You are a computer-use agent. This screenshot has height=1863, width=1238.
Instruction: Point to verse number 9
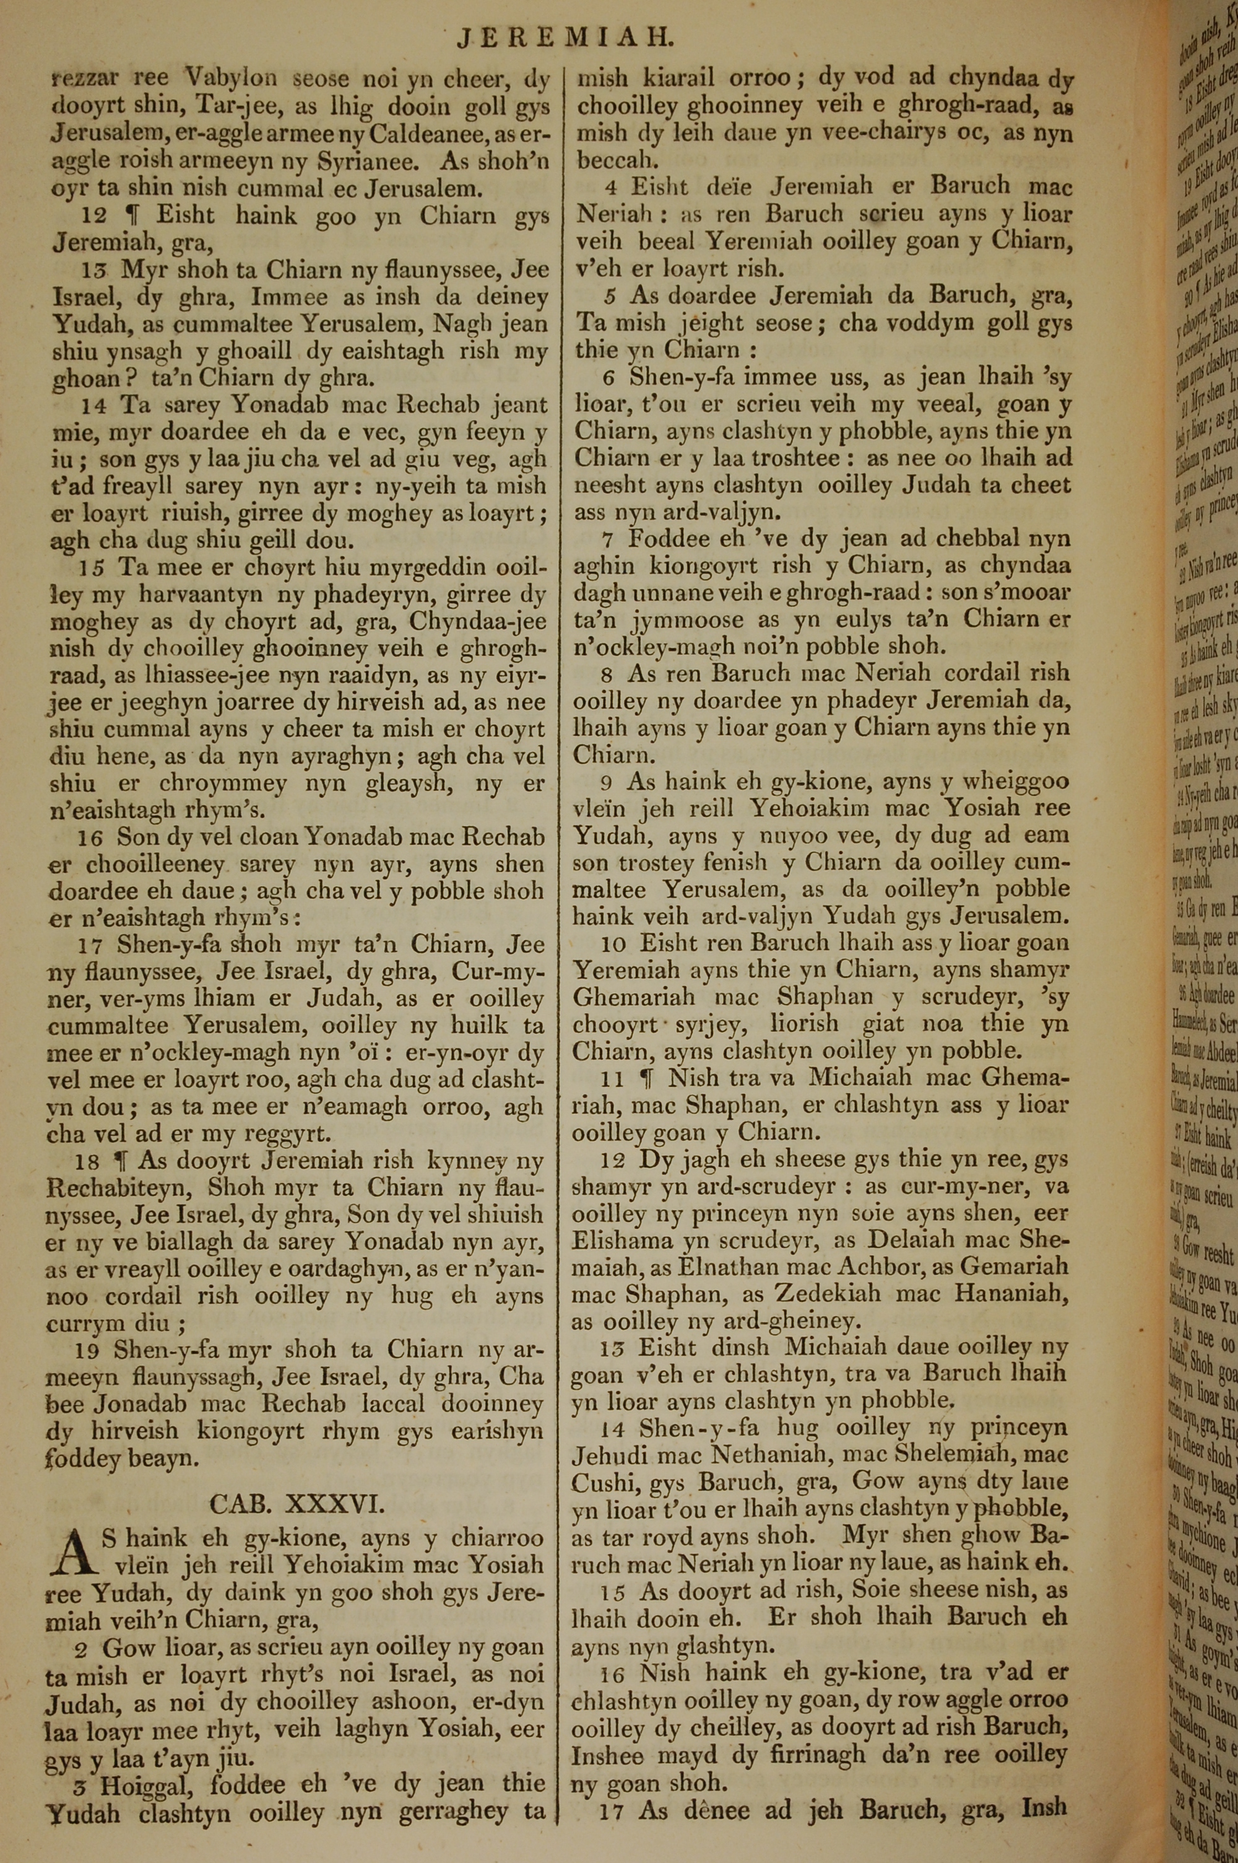click(607, 782)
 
